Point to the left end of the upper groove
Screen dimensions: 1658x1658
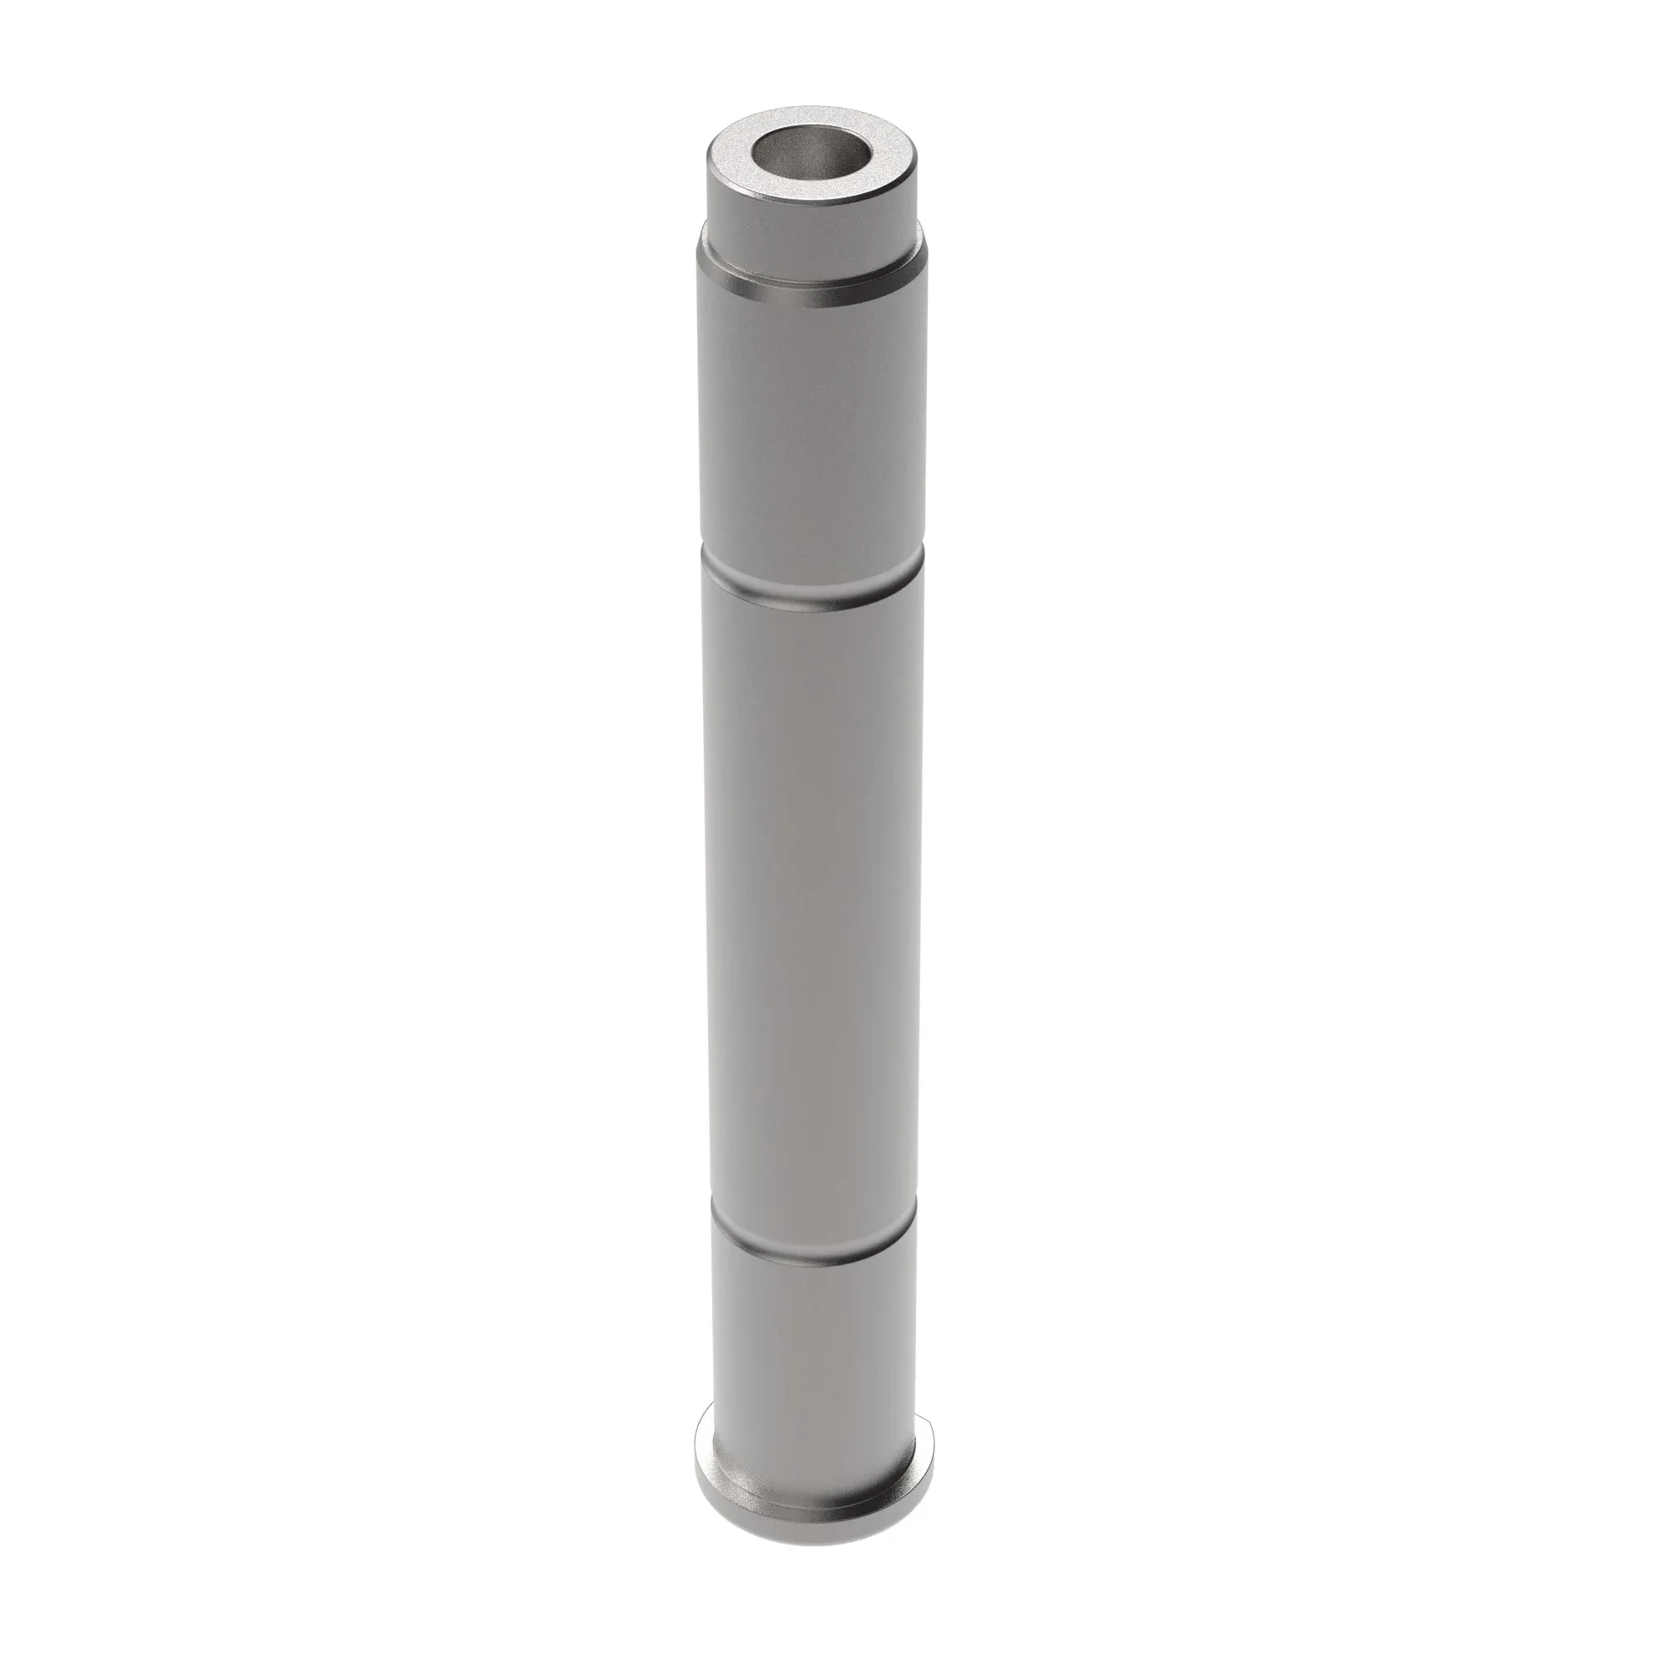707,562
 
